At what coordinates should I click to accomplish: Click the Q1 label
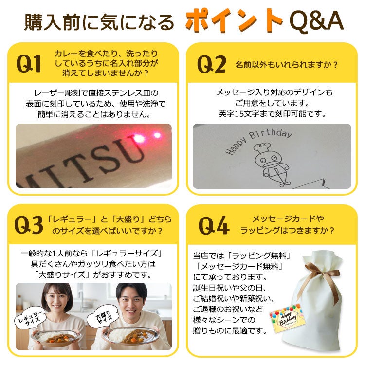click(29, 64)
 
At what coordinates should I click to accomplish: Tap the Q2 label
click(211, 64)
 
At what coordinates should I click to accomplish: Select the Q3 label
click(29, 225)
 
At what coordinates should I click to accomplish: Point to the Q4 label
click(214, 225)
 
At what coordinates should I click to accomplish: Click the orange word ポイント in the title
click(234, 20)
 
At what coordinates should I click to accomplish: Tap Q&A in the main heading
click(317, 21)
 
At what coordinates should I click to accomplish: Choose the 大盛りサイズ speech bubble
click(103, 316)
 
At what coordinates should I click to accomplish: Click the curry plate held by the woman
click(55, 337)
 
